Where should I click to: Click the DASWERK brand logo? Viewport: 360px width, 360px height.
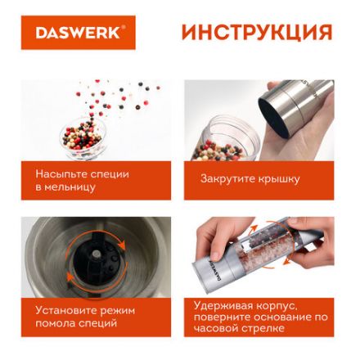(79, 33)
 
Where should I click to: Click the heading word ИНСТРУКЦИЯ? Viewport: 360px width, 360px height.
(256, 33)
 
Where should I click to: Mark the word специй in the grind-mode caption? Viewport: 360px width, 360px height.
(97, 323)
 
